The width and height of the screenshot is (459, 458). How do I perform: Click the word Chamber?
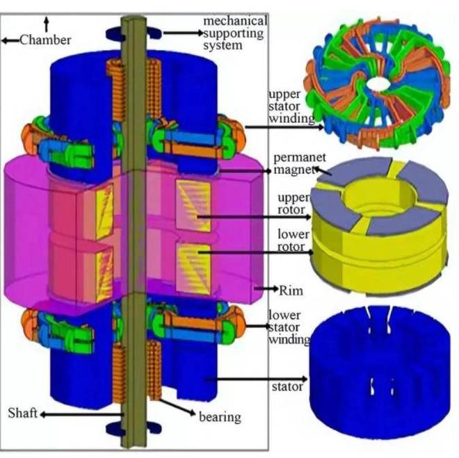(x=45, y=40)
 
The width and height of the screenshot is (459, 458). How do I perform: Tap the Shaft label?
(x=22, y=413)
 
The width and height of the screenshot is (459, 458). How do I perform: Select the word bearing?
(x=220, y=417)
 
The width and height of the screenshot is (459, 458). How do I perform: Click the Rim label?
(x=291, y=291)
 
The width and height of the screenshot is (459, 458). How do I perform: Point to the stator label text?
(x=287, y=386)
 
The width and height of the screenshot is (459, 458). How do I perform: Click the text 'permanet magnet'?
(x=300, y=163)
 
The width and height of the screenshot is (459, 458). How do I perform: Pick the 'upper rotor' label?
(x=293, y=204)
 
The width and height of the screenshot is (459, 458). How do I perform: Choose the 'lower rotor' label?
(x=293, y=240)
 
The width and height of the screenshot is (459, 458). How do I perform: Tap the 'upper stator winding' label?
(x=291, y=106)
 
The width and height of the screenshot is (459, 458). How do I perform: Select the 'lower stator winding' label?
(x=289, y=327)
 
